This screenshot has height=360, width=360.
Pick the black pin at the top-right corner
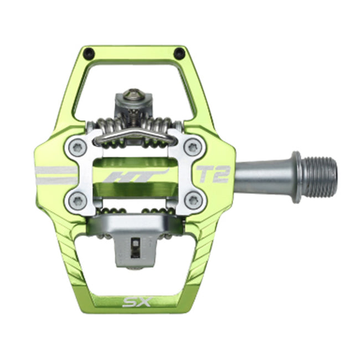[x=179, y=53]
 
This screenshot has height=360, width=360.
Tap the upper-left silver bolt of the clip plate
[x=78, y=147]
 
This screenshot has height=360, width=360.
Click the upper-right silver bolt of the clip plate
[x=192, y=147]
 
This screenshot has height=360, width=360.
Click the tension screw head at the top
[x=133, y=96]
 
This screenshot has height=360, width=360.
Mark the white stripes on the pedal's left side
[x=55, y=174]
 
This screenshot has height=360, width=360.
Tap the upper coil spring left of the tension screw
[x=111, y=125]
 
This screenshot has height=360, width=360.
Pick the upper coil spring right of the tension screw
[x=161, y=125]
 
